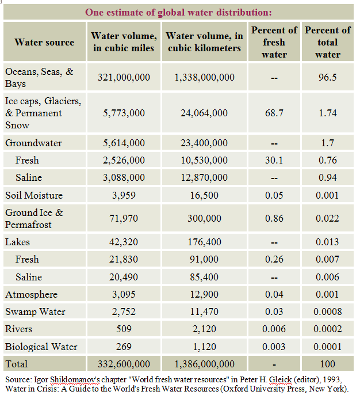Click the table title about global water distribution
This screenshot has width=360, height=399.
click(179, 12)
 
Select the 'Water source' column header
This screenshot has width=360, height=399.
click(44, 42)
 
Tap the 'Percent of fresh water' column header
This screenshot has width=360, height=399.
click(274, 42)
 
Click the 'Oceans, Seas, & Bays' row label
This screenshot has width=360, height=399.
click(39, 77)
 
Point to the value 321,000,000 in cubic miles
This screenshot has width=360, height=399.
click(124, 77)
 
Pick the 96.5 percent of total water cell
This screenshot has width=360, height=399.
click(327, 77)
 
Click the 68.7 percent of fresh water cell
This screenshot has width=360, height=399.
click(274, 113)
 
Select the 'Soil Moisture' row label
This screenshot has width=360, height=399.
click(34, 195)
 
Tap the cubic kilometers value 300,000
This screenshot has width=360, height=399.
click(204, 219)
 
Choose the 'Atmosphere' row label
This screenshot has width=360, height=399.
click(32, 294)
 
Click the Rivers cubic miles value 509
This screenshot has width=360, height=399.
click(124, 329)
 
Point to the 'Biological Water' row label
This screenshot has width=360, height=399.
click(41, 347)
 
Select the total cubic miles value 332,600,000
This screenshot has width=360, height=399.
click(124, 364)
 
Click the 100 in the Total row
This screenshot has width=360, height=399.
click(327, 364)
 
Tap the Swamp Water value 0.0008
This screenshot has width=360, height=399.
click(327, 312)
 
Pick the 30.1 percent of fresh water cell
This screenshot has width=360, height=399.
click(274, 160)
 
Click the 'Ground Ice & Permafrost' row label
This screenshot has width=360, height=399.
click(35, 219)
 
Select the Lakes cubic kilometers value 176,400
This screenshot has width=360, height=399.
click(204, 242)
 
